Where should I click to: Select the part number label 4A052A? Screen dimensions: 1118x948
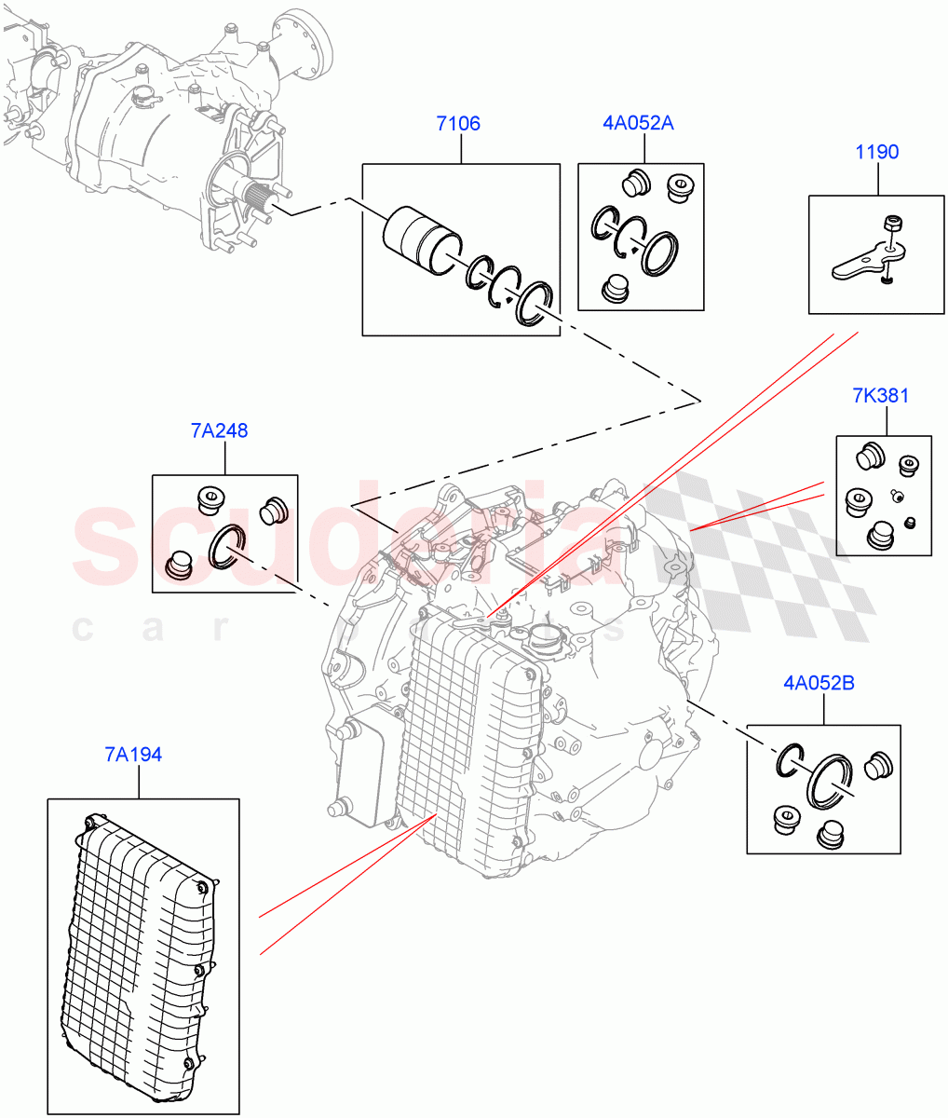point(637,123)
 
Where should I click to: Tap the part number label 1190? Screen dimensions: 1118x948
point(876,152)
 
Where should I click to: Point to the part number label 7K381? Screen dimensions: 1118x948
point(880,396)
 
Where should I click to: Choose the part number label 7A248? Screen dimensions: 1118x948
point(220,430)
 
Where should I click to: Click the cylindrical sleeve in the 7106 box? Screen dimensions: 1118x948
point(422,241)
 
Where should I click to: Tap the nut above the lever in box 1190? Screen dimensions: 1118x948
point(892,223)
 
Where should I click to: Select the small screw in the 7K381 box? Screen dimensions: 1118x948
point(898,496)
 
